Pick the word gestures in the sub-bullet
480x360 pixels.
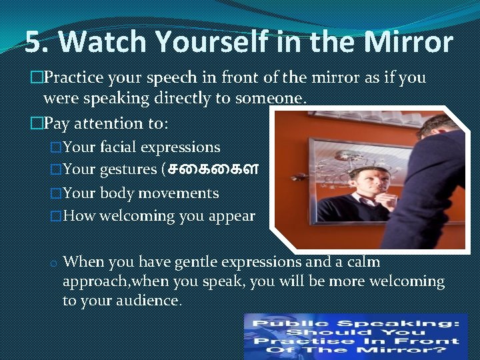pos(127,169)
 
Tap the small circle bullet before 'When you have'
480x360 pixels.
pos(51,263)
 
